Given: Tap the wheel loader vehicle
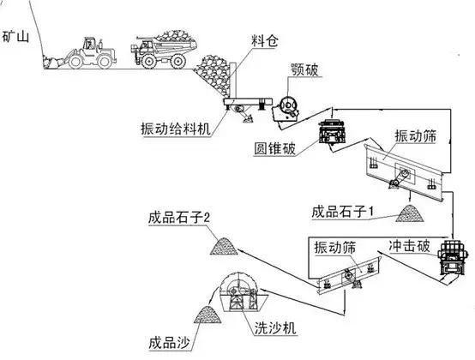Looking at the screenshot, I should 85,54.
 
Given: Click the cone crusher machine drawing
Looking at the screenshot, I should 330,136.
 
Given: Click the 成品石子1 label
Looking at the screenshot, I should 347,210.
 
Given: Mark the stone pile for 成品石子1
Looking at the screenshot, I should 411,209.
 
